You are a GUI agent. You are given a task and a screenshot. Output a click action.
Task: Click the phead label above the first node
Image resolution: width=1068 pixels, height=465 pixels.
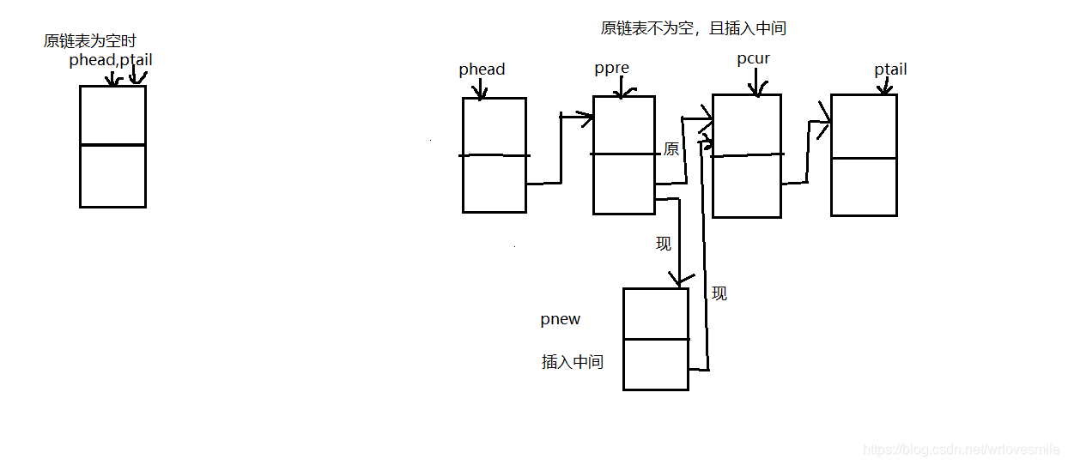pos(482,69)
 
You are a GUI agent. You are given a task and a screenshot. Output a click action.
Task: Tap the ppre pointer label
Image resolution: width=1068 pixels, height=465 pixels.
pos(611,69)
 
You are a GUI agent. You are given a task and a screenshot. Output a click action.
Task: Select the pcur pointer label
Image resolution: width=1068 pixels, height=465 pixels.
pos(753,59)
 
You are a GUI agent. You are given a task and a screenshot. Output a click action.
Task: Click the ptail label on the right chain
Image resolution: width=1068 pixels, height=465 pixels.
pos(890,69)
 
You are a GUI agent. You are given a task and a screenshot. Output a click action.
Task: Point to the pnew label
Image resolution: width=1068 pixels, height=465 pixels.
pos(560,319)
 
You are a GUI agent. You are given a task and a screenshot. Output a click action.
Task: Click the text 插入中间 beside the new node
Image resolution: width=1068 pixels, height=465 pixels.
pos(572,362)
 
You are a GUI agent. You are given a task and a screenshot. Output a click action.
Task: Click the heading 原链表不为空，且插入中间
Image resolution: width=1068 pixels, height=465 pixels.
pos(693,28)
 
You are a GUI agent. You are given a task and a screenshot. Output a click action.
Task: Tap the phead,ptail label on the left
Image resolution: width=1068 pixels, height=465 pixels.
pos(111,60)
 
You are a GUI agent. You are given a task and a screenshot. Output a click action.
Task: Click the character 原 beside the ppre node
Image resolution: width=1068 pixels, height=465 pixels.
pos(671,149)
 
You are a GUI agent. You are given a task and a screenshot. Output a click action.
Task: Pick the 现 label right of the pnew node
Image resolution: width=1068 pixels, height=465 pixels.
pos(719,293)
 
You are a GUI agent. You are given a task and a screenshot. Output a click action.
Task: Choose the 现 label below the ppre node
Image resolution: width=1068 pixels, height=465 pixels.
pos(664,244)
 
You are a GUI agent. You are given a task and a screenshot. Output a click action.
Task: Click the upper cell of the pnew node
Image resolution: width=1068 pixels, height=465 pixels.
pos(655,313)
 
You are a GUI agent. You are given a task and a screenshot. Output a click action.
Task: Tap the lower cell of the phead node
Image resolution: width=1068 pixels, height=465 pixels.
pos(495,184)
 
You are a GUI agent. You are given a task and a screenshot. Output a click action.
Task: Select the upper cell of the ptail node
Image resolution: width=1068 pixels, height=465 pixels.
pos(864,126)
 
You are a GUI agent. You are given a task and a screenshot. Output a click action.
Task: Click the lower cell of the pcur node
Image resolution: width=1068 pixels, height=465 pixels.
pos(747,186)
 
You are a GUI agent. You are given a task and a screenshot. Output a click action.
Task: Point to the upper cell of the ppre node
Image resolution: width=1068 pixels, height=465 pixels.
pos(623,125)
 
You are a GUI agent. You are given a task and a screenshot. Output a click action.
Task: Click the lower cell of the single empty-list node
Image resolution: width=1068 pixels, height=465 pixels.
pos(112,176)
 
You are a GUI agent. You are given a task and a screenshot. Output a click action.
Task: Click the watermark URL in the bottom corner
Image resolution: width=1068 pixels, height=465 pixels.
pos(961,450)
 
